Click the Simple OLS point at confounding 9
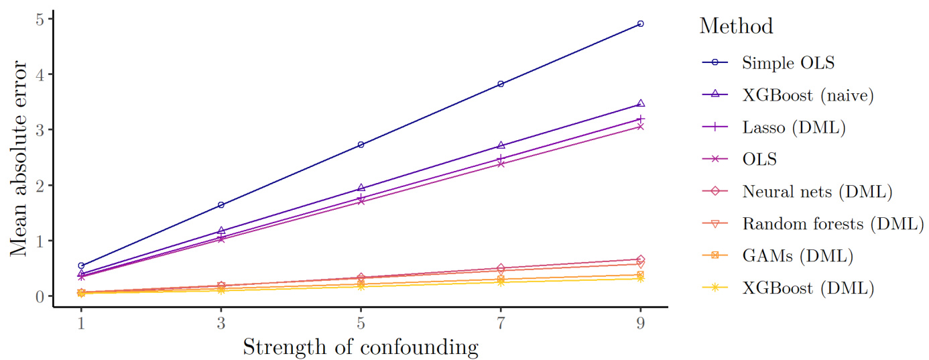pos(641,23)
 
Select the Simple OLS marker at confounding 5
pos(361,145)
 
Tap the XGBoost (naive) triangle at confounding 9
pos(641,103)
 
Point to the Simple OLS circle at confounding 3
pos(221,205)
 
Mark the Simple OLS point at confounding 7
pos(501,84)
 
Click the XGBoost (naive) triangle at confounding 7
pos(501,145)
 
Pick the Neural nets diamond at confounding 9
pos(641,259)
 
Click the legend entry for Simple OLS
pos(788,63)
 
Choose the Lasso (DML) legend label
pos(793,127)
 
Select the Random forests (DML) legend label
pos(832,223)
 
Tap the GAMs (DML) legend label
pos(797,255)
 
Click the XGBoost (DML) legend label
pos(808,288)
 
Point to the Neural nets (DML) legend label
pos(817,192)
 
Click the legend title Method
pos(736,26)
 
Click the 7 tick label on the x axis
pos(501,322)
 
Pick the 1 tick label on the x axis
pos(81,322)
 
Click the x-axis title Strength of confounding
pos(361,347)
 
